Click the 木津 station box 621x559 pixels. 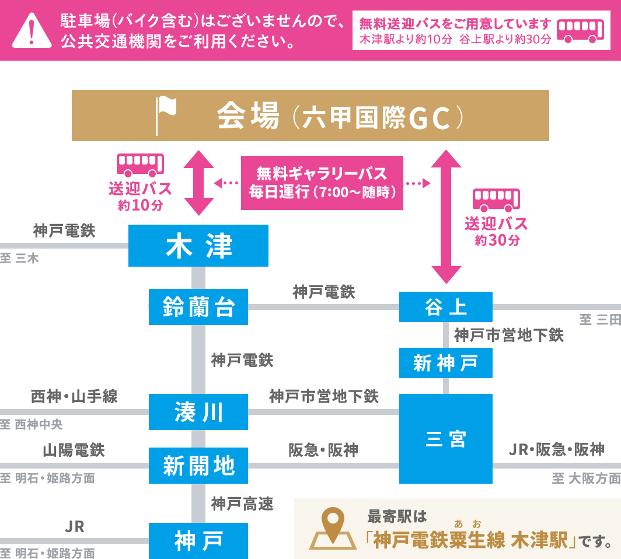coord(198,246)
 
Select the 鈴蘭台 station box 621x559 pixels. coord(198,307)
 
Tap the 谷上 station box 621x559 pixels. coord(446,307)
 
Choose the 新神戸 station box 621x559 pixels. coord(446,363)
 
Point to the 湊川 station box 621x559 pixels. coord(198,412)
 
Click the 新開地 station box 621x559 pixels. coord(198,466)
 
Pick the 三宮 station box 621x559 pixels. coord(446,439)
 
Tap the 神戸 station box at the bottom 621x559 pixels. coord(198,541)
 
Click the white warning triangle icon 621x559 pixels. coord(32,31)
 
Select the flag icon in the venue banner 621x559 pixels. coord(166,116)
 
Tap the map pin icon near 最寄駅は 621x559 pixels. coord(333,529)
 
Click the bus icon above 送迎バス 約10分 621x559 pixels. coord(140,165)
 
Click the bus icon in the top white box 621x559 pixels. coord(581,31)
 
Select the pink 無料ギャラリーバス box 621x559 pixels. coord(322,183)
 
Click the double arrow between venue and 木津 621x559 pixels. coord(199,183)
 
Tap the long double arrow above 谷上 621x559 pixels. coord(446,217)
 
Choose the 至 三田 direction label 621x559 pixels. coord(600,320)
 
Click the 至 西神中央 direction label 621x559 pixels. coord(32,424)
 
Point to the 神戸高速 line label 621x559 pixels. coord(242,504)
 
